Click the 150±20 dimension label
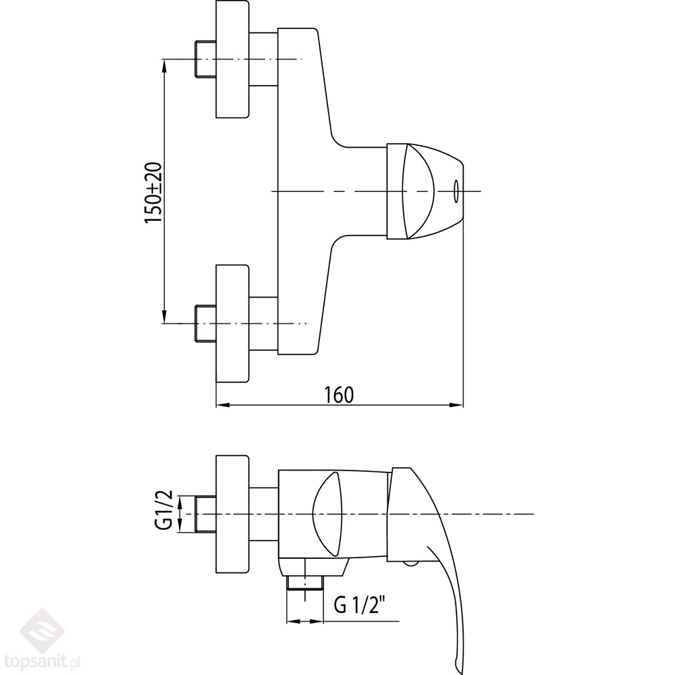pyautogui.click(x=153, y=192)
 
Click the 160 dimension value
pyautogui.click(x=340, y=395)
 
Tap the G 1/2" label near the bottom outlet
pyautogui.click(x=358, y=606)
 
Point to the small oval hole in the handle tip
pyautogui.click(x=456, y=191)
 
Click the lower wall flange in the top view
pyautogui.click(x=232, y=324)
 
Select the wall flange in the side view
pyautogui.click(x=232, y=514)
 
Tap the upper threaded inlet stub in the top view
pyautogui.click(x=205, y=59)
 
